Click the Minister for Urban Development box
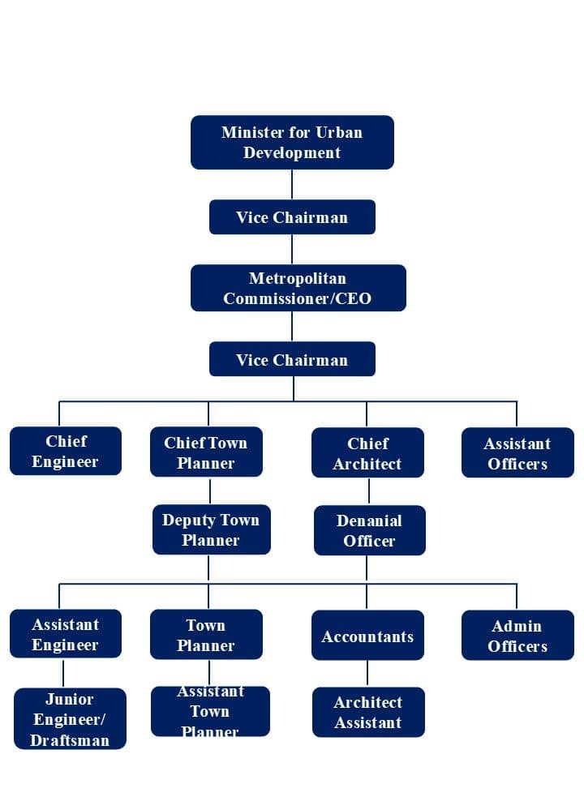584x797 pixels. point(292,143)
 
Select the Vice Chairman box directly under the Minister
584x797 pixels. point(292,217)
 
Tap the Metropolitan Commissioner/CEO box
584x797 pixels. point(298,288)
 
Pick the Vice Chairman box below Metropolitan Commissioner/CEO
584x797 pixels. point(292,359)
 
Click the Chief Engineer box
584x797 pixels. point(66,452)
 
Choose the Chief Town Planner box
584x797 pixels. point(206,452)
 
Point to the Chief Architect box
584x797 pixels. point(367,453)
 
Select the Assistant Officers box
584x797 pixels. point(517,453)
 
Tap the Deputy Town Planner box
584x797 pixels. point(211,530)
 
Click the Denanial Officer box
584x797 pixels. point(369,531)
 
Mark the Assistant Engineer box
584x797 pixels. point(66,634)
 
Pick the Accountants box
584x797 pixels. point(367,636)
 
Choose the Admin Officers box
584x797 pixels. point(517,636)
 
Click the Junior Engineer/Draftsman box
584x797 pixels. point(70,719)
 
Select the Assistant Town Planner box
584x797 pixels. point(210,712)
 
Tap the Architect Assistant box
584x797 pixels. point(368,713)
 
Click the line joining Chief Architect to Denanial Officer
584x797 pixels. point(369,492)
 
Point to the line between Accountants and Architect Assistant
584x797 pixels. point(367,674)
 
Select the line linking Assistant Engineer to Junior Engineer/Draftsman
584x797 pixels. point(63,673)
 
